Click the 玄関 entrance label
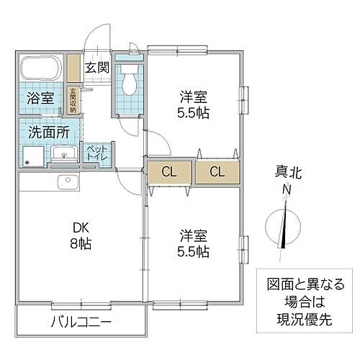coord(98,68)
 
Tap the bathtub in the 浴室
coord(42,69)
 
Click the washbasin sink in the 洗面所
coord(61,154)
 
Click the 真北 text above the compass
coord(286,173)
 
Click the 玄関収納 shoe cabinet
coord(73,100)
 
